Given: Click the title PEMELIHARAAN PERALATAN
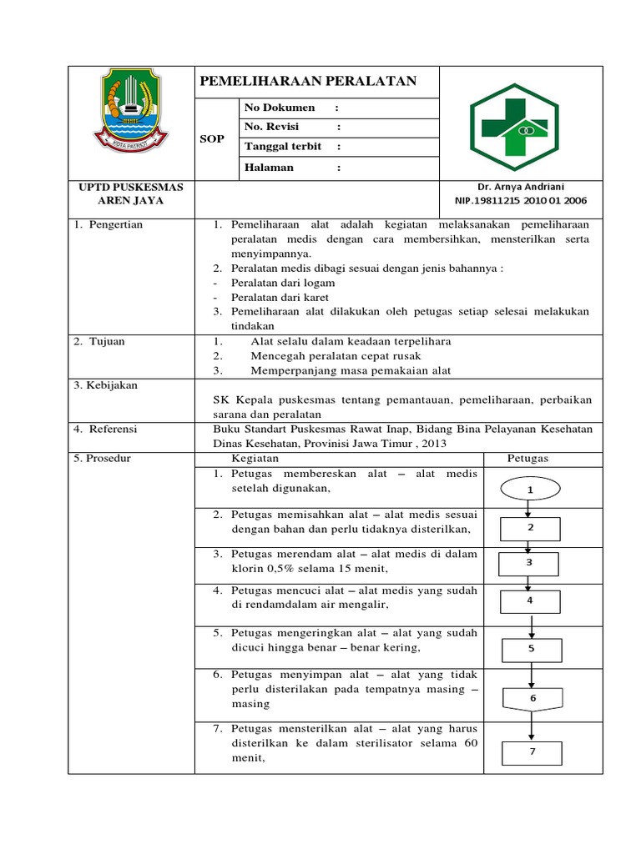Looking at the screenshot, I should pos(308,81).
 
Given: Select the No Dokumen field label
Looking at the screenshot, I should pos(280,108).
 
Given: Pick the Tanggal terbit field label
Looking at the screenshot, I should pos(283,147).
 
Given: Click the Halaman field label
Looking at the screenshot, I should pos(269,168).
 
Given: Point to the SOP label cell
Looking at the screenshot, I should pos(212,138).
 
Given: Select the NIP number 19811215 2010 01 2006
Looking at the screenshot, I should pos(521,201).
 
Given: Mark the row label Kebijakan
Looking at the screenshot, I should pos(106,385).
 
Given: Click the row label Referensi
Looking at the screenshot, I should pos(106,429).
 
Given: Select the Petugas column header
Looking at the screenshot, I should pos(527,459).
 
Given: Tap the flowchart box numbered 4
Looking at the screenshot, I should pos(529,600).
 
